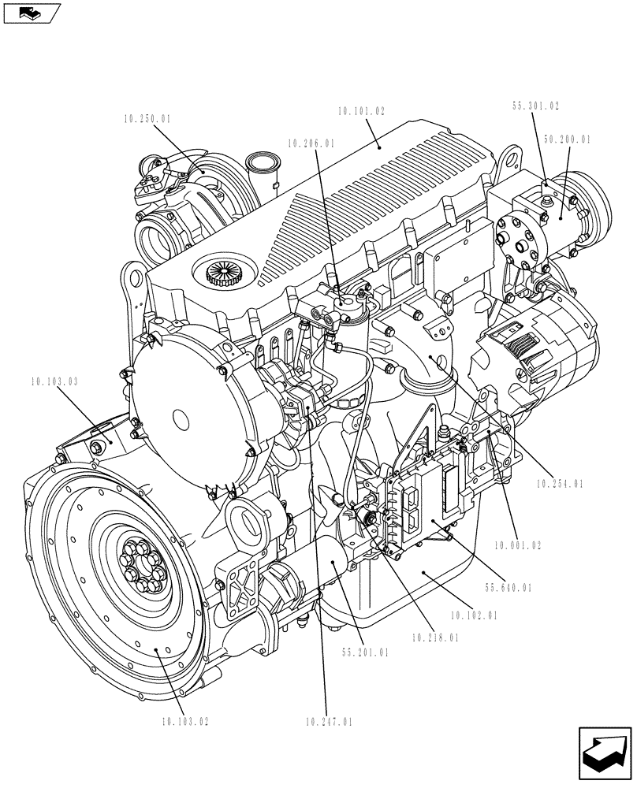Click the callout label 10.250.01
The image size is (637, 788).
(147, 119)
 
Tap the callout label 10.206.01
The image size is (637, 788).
(311, 144)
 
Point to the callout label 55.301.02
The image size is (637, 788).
(535, 106)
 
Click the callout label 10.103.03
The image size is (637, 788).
(55, 381)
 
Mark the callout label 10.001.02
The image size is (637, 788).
(518, 545)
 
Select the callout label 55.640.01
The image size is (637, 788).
(508, 587)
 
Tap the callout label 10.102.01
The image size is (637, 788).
(473, 615)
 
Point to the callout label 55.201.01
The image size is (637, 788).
(365, 652)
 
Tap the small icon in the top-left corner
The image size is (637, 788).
(32, 13)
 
